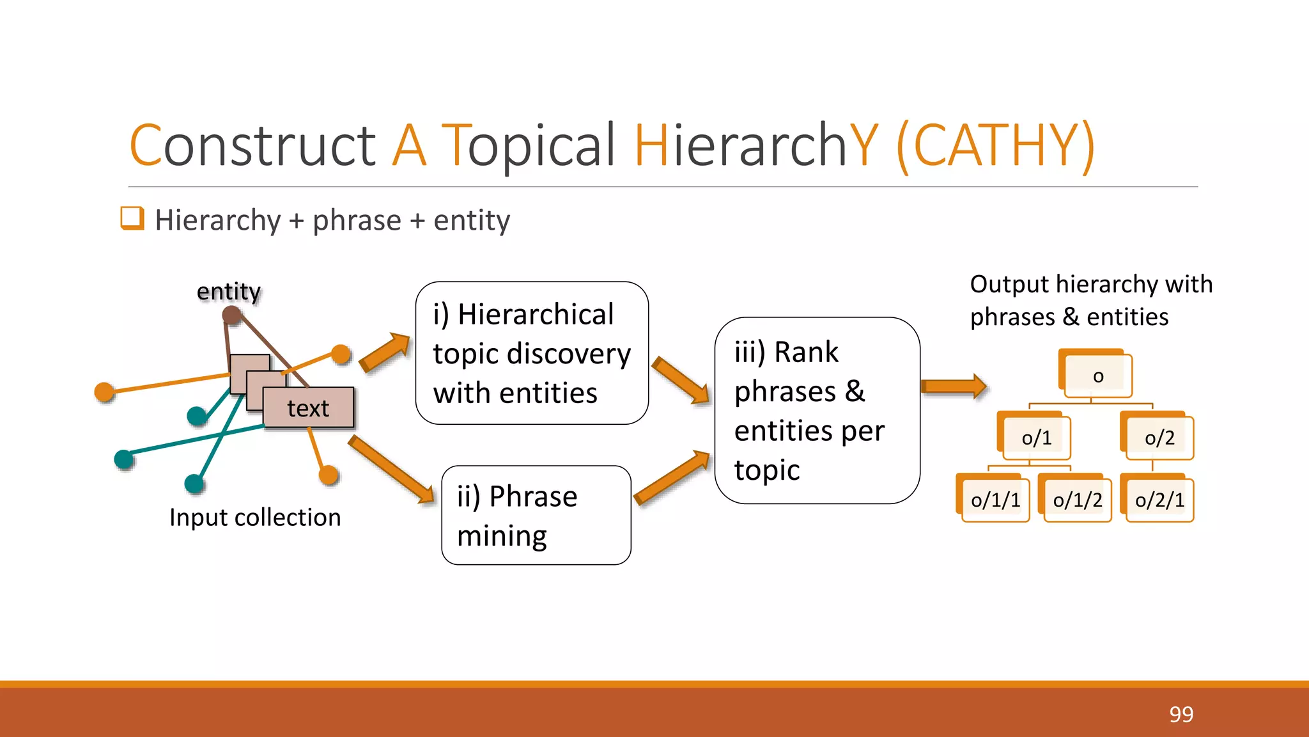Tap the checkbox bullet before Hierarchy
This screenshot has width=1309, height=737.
click(x=132, y=218)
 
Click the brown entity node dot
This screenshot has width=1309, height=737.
click(x=231, y=315)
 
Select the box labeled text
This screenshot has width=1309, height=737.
click(x=308, y=408)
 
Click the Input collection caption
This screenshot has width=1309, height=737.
click(x=255, y=517)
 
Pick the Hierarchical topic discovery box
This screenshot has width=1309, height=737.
click(x=532, y=353)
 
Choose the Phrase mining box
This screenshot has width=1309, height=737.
click(x=536, y=515)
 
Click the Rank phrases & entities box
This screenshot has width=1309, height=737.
click(x=817, y=411)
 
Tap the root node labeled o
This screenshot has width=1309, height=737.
click(x=1097, y=376)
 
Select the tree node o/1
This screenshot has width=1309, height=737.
click(x=1035, y=438)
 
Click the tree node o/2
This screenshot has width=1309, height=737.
click(x=1159, y=438)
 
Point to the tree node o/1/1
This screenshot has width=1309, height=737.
click(x=995, y=500)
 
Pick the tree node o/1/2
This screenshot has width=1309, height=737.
click(x=1077, y=500)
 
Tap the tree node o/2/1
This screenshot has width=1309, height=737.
click(x=1159, y=500)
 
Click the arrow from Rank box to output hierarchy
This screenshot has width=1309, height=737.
click(x=953, y=386)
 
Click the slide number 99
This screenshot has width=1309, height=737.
click(x=1181, y=714)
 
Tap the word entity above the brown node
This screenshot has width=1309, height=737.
click(x=228, y=291)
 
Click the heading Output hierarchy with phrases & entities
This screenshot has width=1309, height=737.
click(x=1090, y=300)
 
